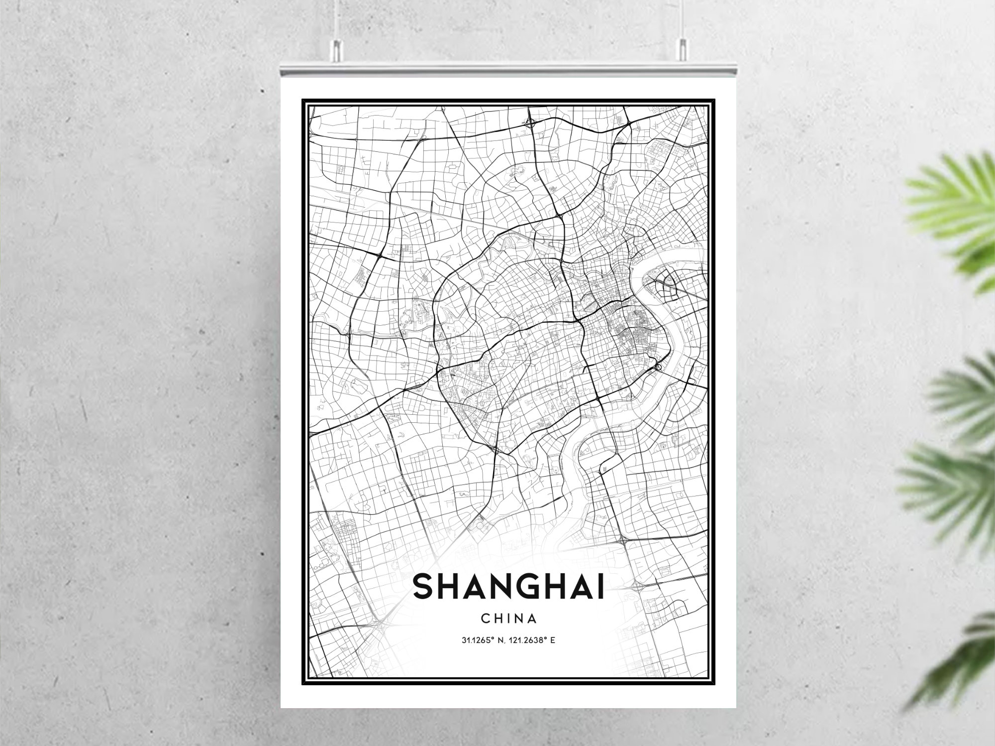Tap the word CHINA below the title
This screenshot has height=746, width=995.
click(508, 619)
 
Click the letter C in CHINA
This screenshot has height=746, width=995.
click(486, 619)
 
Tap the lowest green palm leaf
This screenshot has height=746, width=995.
click(960, 662)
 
